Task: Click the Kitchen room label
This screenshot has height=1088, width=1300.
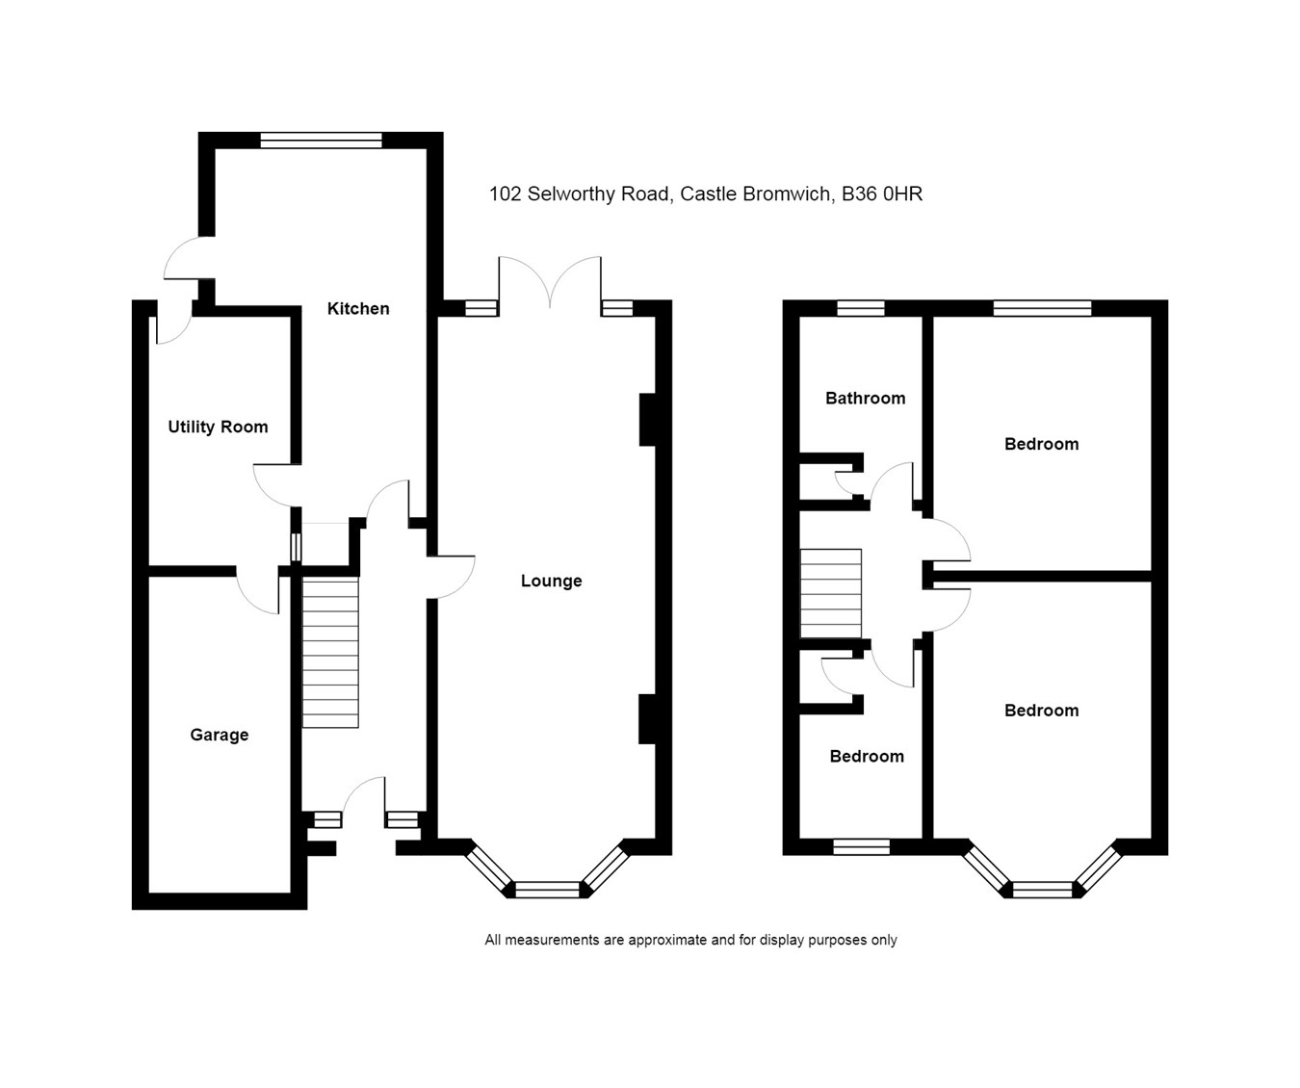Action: [358, 308]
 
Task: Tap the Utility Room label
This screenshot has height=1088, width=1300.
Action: [218, 427]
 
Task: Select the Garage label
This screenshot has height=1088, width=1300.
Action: [220, 735]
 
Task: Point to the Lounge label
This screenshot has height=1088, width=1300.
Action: [551, 581]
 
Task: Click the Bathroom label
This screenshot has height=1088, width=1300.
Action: [865, 398]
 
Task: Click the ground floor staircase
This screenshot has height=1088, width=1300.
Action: [330, 652]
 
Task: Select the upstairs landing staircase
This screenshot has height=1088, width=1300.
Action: [830, 593]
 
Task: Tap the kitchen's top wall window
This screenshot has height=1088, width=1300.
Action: [321, 141]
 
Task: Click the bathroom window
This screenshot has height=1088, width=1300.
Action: [860, 308]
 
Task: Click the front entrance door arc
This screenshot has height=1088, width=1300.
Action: [364, 799]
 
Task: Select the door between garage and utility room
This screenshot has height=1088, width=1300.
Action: [257, 590]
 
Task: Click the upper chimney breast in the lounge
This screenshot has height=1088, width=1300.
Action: [647, 419]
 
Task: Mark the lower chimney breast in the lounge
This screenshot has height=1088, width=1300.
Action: [647, 718]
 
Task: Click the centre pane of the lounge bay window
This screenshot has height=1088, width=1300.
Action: [548, 890]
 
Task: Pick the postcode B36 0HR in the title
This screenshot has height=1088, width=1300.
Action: [882, 194]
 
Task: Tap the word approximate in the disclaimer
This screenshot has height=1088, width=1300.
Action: [667, 940]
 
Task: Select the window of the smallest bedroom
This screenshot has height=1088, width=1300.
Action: [861, 846]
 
